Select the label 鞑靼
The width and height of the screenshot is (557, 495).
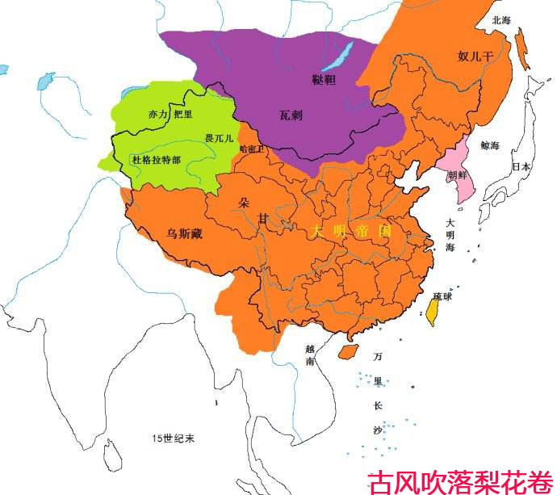pyautogui.click(x=323, y=79)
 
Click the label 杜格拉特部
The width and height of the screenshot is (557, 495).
pyautogui.click(x=156, y=160)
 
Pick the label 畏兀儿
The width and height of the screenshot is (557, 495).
pyautogui.click(x=219, y=139)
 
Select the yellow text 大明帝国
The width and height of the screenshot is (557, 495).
pyautogui.click(x=351, y=231)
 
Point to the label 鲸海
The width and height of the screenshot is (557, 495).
pyautogui.click(x=490, y=146)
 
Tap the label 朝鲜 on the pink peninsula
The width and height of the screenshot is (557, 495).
pyautogui.click(x=457, y=174)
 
